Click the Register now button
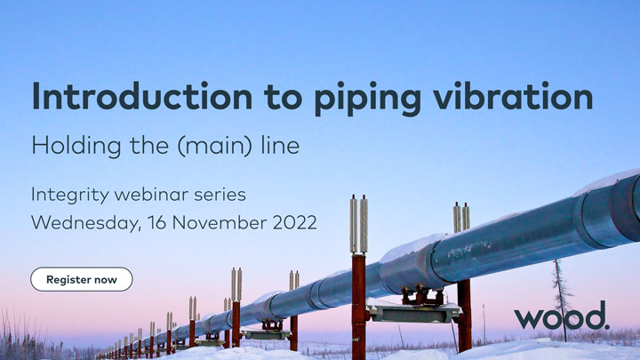click(82, 279)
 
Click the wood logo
click(561, 316)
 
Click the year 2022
click(290, 222)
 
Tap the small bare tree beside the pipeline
click(560, 293)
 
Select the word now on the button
click(105, 279)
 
